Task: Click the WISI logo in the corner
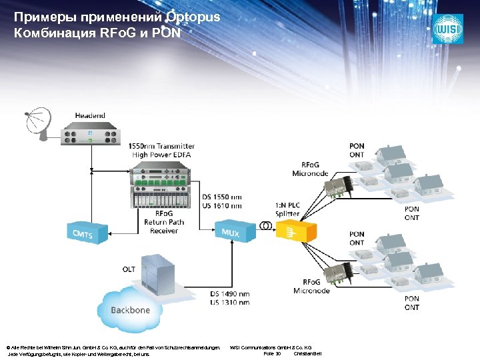point(447,29)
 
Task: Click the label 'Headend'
point(90,115)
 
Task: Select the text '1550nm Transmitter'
point(162,146)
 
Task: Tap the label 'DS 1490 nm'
point(230,295)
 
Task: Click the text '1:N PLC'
point(288,205)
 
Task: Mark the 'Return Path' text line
point(164,222)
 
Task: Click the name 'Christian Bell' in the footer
point(307,353)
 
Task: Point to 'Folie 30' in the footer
point(273,353)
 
